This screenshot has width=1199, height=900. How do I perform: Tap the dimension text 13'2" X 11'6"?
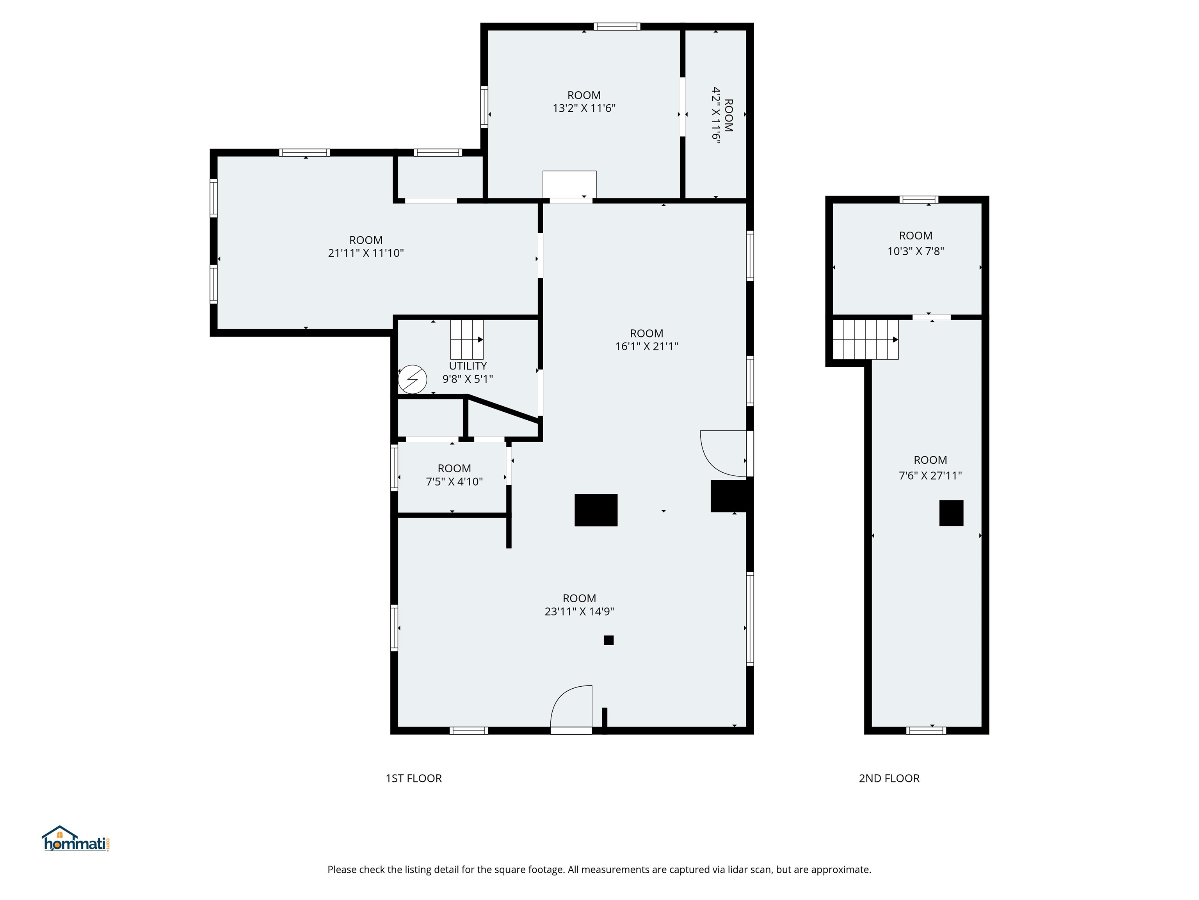point(584,108)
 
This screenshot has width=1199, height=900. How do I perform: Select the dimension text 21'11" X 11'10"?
point(365,253)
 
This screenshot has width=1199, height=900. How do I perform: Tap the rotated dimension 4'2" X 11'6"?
point(716,114)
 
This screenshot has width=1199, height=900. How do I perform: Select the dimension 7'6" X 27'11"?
point(930,475)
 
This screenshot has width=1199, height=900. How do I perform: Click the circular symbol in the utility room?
point(413,379)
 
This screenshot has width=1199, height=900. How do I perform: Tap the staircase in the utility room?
point(466,339)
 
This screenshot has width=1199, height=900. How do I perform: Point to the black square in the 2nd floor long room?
point(951,512)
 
